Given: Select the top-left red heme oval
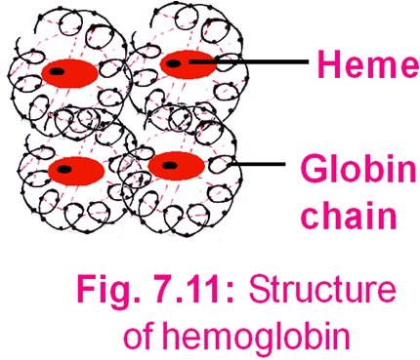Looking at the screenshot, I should pyautogui.click(x=66, y=72).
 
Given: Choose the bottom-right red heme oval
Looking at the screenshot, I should pyautogui.click(x=176, y=165).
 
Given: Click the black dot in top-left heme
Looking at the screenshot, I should pyautogui.click(x=59, y=71).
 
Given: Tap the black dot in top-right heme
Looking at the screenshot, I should pyautogui.click(x=175, y=64).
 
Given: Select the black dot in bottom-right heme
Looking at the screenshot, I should pyautogui.click(x=168, y=165).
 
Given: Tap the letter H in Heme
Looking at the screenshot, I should pyautogui.click(x=323, y=65).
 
